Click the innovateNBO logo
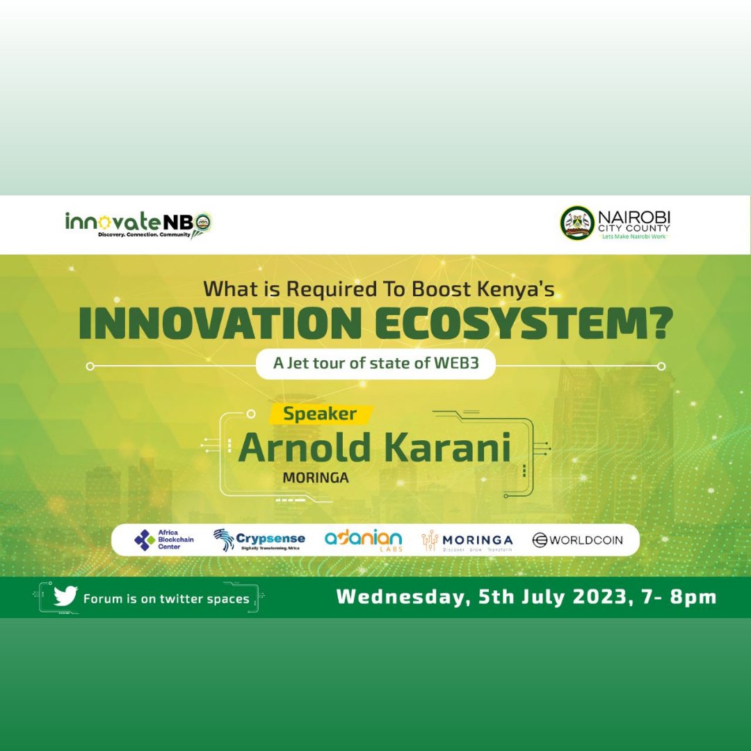point(138,224)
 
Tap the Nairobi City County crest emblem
point(577,223)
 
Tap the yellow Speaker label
point(320,414)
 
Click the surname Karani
point(445,449)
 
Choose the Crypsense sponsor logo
point(259,540)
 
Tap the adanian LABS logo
point(363,540)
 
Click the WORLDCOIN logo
point(577,540)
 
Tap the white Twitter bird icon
point(65,597)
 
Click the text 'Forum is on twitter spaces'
point(166,599)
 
